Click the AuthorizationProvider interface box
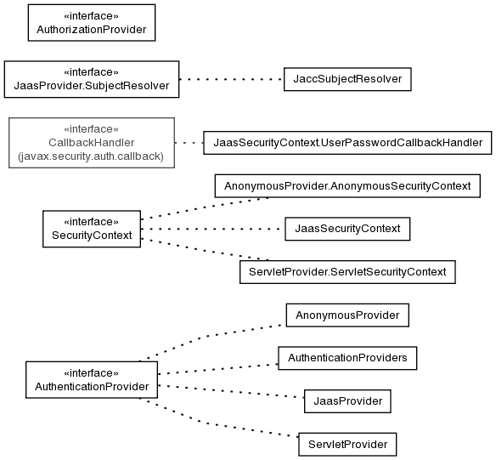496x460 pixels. coord(92,23)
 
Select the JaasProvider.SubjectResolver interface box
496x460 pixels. coord(92,79)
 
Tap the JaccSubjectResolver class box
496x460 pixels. coord(347,79)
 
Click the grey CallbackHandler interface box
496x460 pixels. coord(92,143)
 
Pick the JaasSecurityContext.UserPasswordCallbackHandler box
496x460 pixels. coord(347,143)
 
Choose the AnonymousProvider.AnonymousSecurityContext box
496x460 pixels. coord(347,186)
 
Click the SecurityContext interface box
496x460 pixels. coord(92,229)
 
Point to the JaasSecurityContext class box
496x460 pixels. coord(347,229)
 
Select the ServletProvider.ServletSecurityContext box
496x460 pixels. coord(347,272)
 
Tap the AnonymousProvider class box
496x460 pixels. coord(347,315)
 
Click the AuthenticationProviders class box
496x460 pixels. coord(347,358)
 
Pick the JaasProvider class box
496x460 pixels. coord(347,401)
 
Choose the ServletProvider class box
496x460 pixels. coord(347,444)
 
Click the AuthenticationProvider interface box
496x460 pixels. coord(92,379)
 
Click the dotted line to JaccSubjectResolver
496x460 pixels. coord(232,79)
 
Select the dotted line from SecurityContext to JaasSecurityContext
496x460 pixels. coord(213,229)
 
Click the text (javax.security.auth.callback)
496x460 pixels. coord(91,156)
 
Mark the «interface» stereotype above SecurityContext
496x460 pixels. coord(91,222)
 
